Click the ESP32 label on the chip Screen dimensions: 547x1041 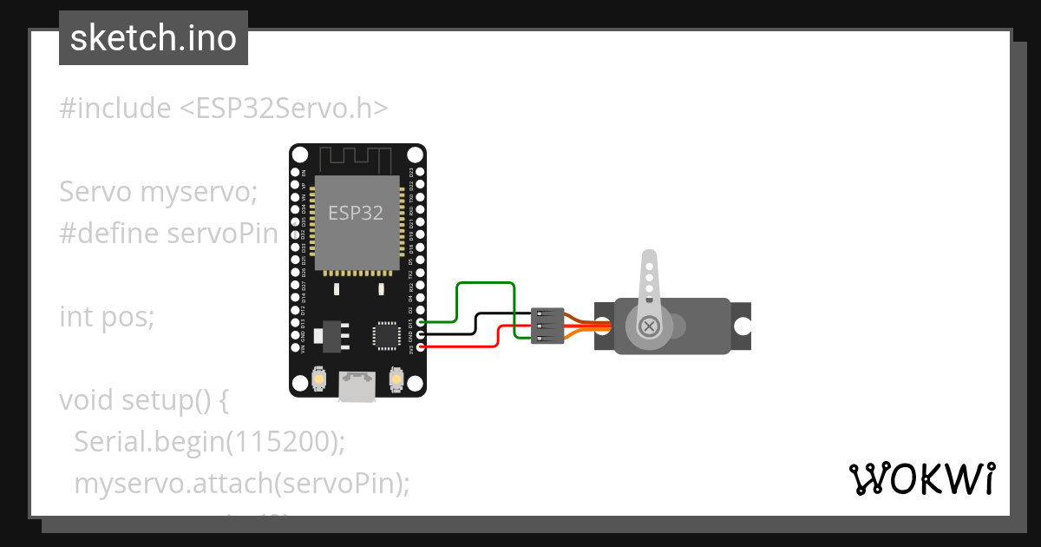[356, 213]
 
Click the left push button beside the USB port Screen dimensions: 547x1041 [319, 379]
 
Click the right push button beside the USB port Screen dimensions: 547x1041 [396, 379]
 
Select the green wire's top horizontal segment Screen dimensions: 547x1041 [485, 283]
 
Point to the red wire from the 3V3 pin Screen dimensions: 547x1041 [460, 346]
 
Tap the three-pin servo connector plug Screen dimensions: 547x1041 [547, 326]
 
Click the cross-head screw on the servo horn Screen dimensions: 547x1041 [648, 327]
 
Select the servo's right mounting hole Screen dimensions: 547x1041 [743, 326]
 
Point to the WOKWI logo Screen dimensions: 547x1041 [921, 478]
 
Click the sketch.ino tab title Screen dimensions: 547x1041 [154, 38]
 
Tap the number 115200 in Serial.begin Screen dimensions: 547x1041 [281, 442]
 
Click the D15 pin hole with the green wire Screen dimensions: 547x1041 [421, 321]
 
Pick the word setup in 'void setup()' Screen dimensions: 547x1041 [153, 400]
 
